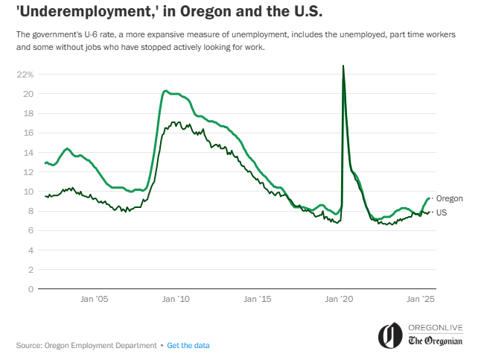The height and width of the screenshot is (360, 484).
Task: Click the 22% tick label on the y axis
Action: click(25, 75)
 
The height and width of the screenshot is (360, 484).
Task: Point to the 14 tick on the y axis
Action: click(28, 152)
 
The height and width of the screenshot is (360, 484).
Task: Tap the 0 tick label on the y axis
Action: click(31, 288)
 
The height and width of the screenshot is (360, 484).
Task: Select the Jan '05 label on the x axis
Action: click(95, 299)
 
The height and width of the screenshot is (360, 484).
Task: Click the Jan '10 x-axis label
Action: click(177, 299)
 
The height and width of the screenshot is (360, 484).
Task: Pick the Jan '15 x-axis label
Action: click(260, 299)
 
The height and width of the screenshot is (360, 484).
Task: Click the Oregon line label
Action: click(450, 198)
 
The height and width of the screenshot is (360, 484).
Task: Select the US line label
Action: click(441, 212)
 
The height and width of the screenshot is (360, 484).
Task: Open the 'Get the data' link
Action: click(188, 346)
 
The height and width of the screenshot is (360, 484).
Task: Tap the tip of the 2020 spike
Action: click(343, 66)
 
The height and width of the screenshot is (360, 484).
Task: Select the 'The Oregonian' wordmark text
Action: click(436, 341)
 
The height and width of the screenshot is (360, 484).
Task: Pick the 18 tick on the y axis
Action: click(28, 113)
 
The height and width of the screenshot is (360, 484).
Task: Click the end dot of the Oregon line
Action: click(431, 198)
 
